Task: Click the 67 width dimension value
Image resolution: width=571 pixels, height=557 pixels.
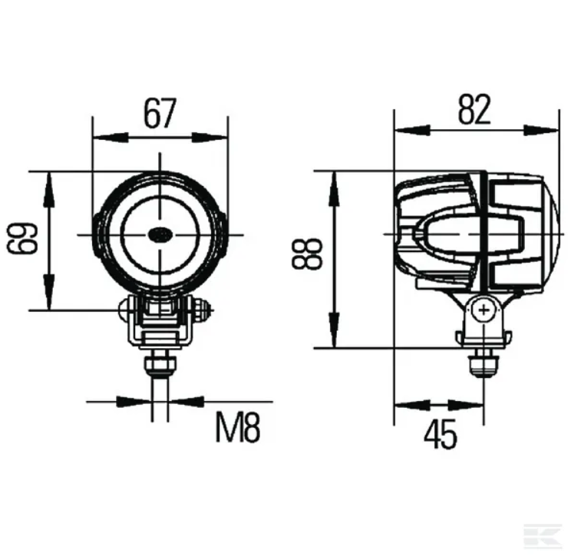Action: (x=160, y=113)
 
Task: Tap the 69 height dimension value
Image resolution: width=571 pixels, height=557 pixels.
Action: (x=22, y=238)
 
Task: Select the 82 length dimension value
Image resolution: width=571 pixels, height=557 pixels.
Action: (x=474, y=109)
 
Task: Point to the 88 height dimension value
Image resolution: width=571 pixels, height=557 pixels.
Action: (x=307, y=254)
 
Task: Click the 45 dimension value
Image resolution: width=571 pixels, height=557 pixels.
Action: (x=440, y=434)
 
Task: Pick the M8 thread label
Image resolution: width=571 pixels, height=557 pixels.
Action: (x=238, y=429)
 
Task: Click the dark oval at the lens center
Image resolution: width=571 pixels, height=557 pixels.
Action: (x=160, y=234)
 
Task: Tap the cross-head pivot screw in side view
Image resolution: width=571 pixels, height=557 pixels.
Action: (x=484, y=310)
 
